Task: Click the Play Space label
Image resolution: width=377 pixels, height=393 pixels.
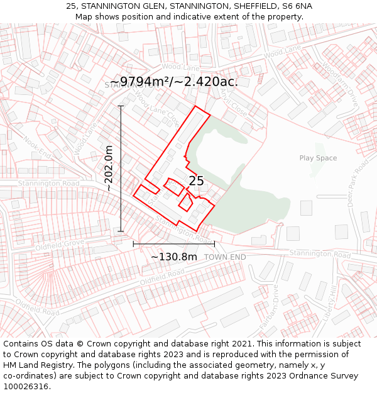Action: pos(318,158)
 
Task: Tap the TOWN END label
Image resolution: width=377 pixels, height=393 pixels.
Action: pos(225,257)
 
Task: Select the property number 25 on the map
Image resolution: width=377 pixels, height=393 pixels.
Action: pos(196,181)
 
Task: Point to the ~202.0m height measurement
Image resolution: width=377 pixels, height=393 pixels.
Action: pos(109,169)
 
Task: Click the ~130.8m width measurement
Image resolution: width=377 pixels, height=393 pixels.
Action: pos(174,257)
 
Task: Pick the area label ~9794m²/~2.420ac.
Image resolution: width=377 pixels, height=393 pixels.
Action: pos(173,82)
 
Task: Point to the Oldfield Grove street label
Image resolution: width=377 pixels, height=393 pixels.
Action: pos(60,244)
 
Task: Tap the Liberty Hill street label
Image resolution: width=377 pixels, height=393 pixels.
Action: pos(329,301)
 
